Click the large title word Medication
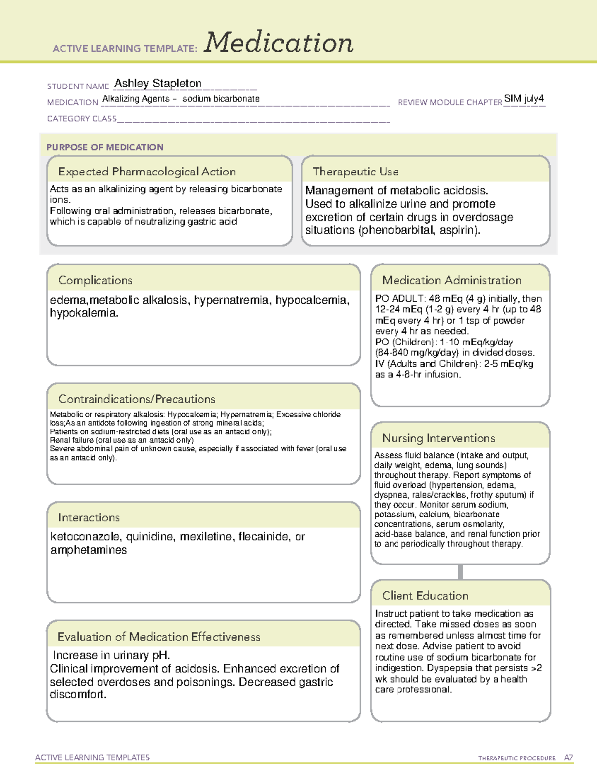pos(279,43)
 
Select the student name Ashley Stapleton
pos(158,84)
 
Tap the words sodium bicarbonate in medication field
pos(221,99)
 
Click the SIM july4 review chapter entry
pos(524,98)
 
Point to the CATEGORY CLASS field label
pos(82,119)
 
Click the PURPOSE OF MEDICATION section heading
pos(105,147)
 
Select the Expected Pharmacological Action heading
pos(147,172)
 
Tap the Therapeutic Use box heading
pos(355,172)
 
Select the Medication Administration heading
pos(452,280)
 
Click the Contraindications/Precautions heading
pos(137,399)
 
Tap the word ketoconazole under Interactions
pos(86,537)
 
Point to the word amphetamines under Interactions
pos(89,550)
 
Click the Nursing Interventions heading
pos(438,438)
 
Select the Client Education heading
pos(425,596)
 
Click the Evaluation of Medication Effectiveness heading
pos(159,637)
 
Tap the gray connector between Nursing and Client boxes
pos(460,572)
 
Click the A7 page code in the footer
pos(568,758)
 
